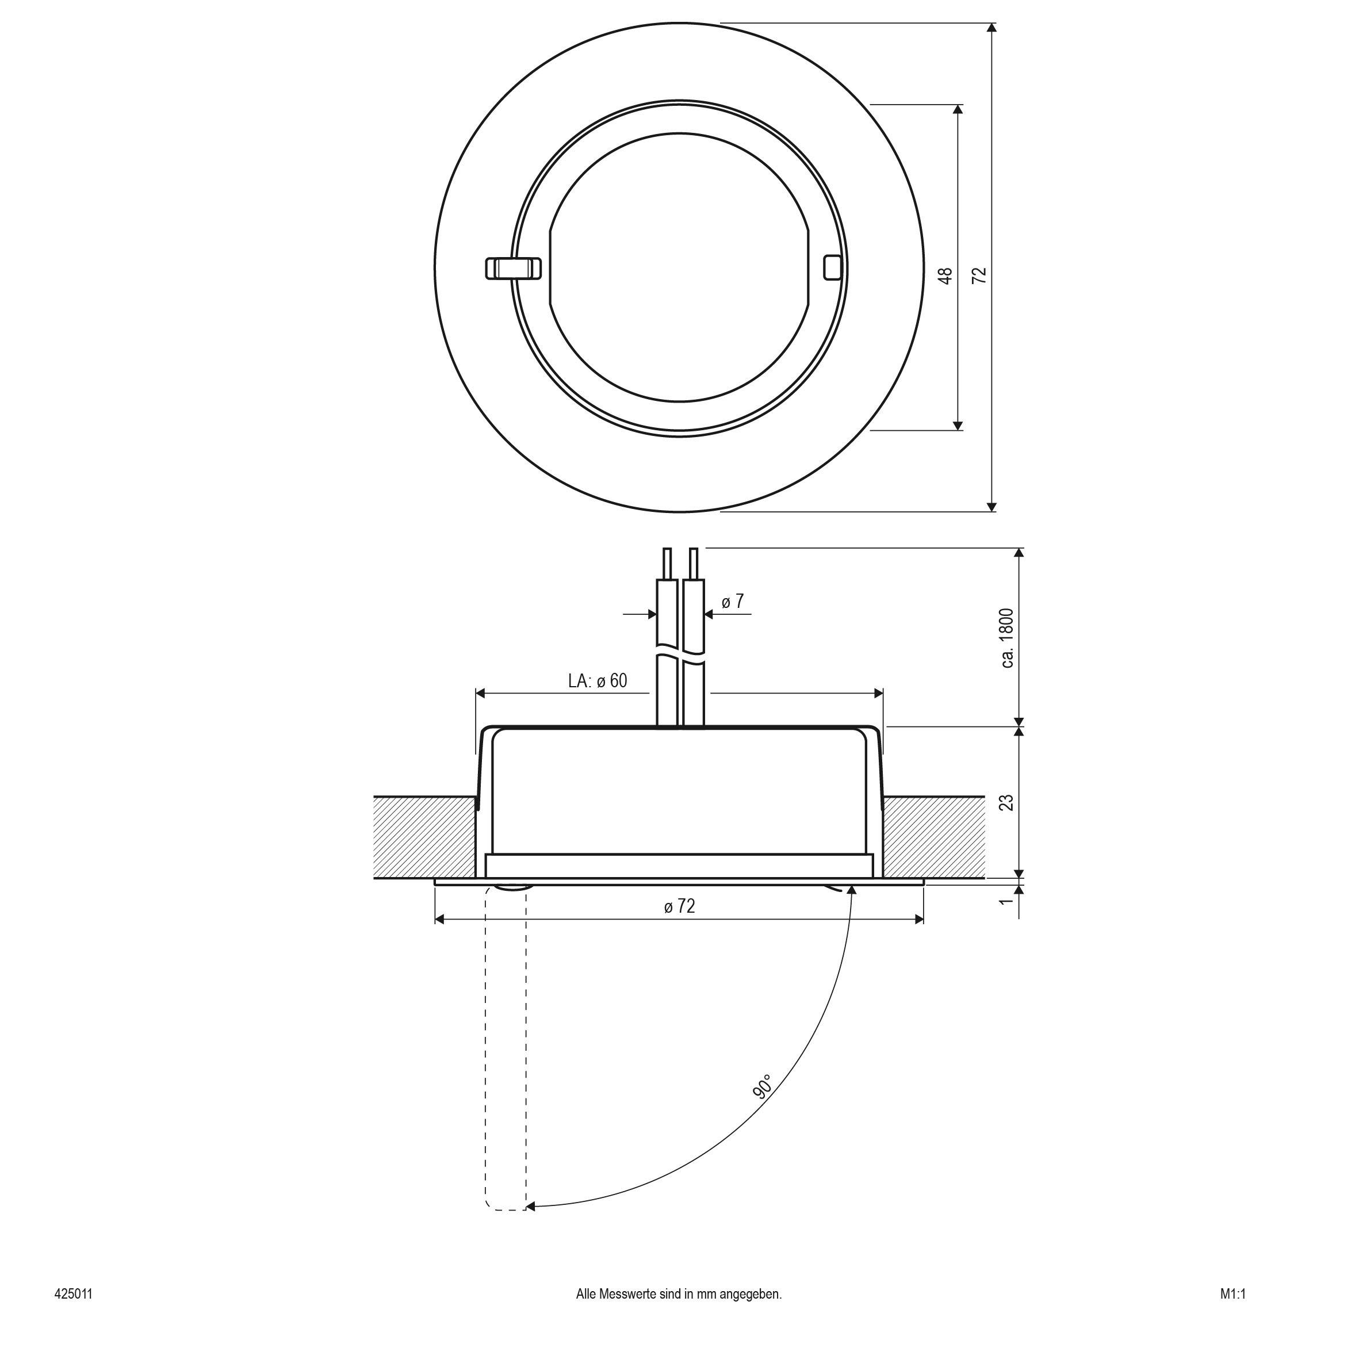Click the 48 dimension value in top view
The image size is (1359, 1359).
click(947, 275)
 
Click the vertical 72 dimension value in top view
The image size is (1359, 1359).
click(980, 275)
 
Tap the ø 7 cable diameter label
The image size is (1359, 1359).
click(732, 602)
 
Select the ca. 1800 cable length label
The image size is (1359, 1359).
click(1006, 638)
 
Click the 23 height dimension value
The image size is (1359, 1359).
click(1006, 803)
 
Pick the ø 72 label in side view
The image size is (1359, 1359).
click(679, 907)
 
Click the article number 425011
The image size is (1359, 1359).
click(73, 1313)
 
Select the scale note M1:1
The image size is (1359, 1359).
click(1233, 1313)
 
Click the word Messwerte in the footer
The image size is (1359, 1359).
click(627, 1313)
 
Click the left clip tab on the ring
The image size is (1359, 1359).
click(514, 268)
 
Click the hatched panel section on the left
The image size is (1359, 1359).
click(424, 837)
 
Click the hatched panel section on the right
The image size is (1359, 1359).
click(933, 837)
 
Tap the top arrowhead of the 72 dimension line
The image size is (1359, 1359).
click(992, 28)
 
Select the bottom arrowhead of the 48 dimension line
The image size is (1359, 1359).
click(958, 425)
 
